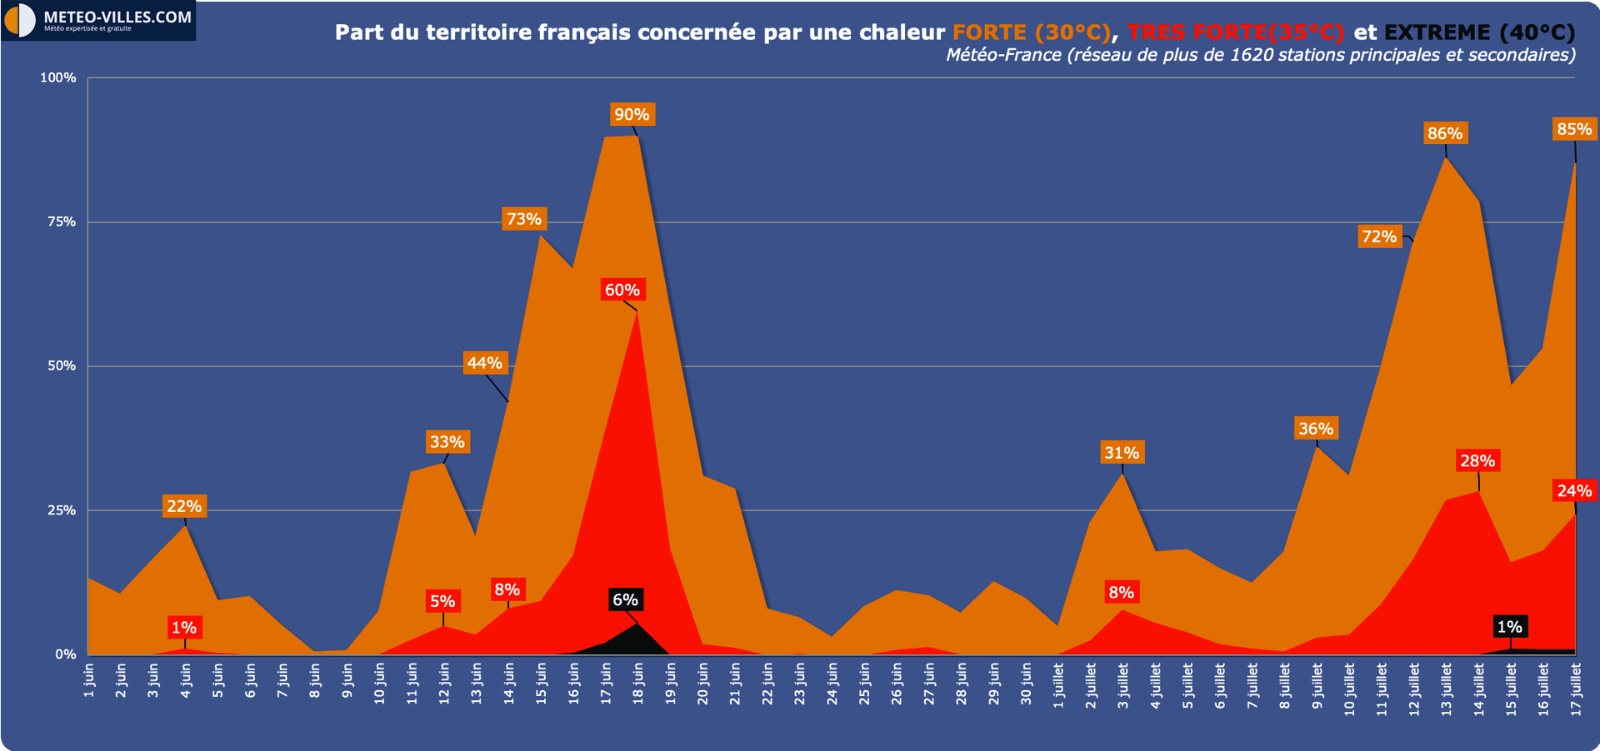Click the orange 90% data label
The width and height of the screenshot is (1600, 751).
(x=632, y=115)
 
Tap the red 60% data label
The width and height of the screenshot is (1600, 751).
(x=622, y=290)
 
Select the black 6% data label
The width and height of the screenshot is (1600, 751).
(x=625, y=599)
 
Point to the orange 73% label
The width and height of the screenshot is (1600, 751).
(x=524, y=219)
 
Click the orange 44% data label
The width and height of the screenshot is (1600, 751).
(x=484, y=363)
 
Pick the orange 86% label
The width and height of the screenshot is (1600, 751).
(x=1445, y=133)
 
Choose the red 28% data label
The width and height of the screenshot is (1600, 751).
(x=1477, y=460)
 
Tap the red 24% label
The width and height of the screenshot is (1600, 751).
(x=1574, y=490)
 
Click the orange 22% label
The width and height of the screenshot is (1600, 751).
(x=184, y=506)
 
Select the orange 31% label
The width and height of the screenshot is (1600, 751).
(x=1122, y=453)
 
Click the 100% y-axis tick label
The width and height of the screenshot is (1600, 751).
(x=58, y=77)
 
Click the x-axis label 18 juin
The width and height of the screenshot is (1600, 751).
(x=638, y=684)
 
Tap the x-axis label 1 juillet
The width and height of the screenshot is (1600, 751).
(x=1058, y=685)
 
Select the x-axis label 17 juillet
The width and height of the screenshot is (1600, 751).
(x=1575, y=688)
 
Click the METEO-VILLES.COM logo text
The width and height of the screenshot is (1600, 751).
(x=117, y=17)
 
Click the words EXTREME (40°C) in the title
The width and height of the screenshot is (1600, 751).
(x=1479, y=32)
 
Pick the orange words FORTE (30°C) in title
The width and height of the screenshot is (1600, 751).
(x=1031, y=32)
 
